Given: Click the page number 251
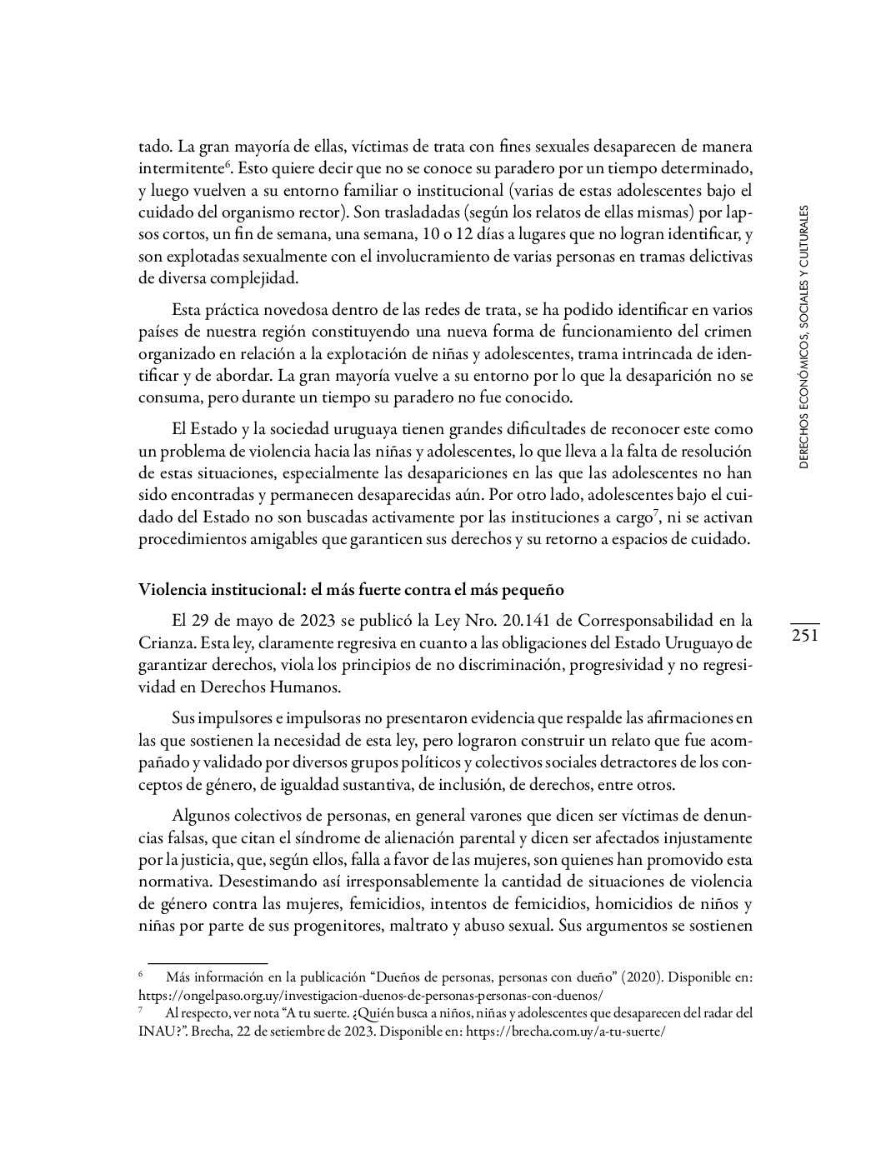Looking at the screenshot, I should point(804,636).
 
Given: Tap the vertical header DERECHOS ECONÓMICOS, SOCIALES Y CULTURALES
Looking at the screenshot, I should point(803,338).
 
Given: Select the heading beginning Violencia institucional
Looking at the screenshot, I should point(351,590).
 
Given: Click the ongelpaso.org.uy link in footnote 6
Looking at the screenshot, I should point(370,995).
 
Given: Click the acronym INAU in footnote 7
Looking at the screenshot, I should point(153,1031).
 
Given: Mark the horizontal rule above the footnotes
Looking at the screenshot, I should point(207,962).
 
